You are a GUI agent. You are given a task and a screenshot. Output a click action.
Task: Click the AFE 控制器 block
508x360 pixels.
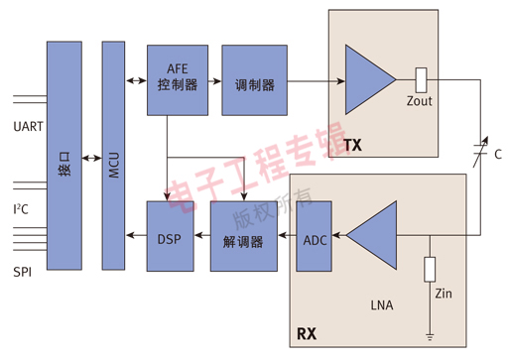[x=178, y=77]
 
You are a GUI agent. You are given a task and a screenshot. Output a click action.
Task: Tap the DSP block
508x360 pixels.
[x=169, y=237]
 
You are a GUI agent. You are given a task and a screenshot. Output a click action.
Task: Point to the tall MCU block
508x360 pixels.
[x=115, y=156]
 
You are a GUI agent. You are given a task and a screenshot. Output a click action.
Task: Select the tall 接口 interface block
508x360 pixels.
[x=64, y=156]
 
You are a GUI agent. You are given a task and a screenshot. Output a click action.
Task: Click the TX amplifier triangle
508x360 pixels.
[x=367, y=78]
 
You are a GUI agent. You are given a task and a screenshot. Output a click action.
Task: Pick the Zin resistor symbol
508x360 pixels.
[x=429, y=269]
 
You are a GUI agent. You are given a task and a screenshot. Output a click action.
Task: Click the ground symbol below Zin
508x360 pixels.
[x=429, y=336]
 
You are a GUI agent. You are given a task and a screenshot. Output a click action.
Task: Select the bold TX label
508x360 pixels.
[x=352, y=146]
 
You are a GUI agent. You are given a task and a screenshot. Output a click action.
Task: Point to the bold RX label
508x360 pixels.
[x=307, y=333]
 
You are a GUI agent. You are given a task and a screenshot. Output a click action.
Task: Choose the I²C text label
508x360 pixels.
[x=21, y=209]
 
